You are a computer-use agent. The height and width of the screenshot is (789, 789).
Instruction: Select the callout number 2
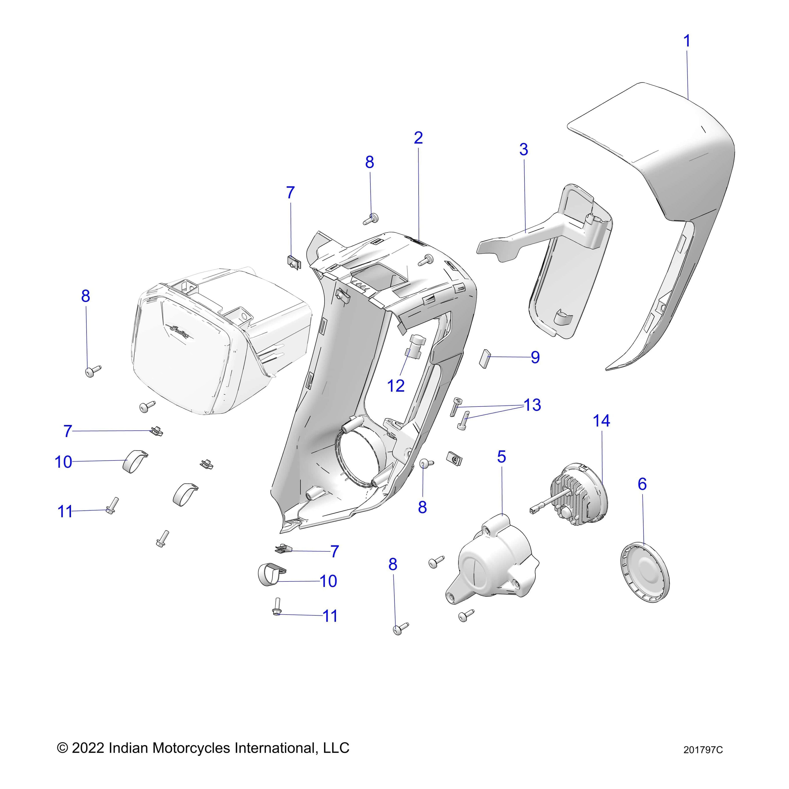pyautogui.click(x=418, y=138)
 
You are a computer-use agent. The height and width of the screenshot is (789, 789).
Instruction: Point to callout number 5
pyautogui.click(x=501, y=457)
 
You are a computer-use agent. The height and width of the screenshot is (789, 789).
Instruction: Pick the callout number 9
pyautogui.click(x=535, y=357)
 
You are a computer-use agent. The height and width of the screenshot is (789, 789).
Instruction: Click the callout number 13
pyautogui.click(x=532, y=405)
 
